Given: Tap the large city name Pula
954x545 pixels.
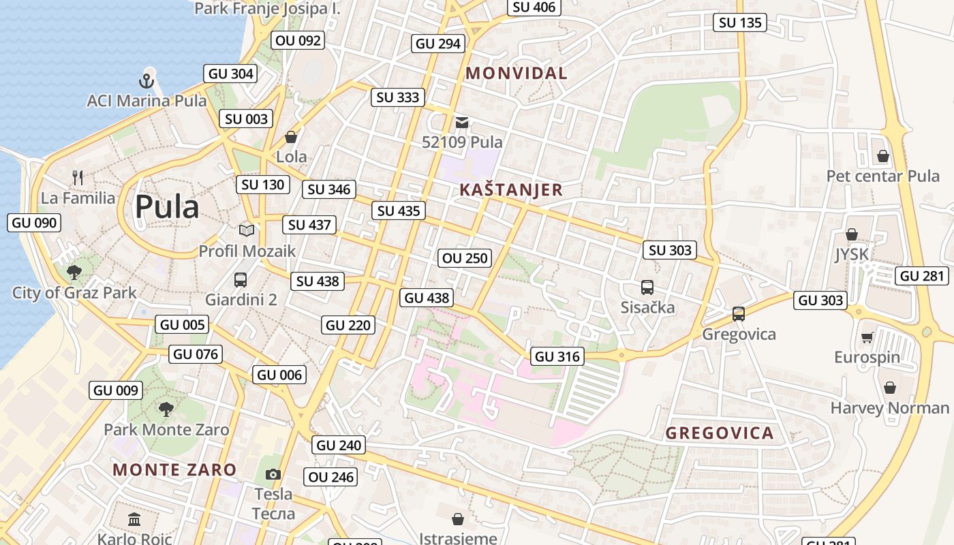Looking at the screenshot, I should (167, 207).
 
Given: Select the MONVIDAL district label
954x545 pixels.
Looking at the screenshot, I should (517, 74).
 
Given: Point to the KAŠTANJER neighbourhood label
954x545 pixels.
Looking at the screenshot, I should (511, 190).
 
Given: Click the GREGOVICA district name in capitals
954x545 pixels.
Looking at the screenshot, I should (720, 433).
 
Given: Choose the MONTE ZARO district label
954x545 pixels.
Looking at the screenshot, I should (174, 469).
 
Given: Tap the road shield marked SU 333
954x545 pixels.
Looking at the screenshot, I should (398, 97).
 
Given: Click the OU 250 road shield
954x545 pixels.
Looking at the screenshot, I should (465, 258).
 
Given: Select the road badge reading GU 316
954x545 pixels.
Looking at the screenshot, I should (557, 356).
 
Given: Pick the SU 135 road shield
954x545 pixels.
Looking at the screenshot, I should (741, 22).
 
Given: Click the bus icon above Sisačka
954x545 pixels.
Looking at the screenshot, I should (647, 287).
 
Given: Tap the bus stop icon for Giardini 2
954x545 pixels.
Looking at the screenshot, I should (241, 279).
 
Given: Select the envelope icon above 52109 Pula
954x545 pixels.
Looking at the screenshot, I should (462, 123).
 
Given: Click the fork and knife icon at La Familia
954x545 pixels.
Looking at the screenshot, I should (78, 178).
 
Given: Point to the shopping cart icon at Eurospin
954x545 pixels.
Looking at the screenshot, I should (867, 338).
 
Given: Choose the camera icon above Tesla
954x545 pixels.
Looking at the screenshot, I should (273, 474).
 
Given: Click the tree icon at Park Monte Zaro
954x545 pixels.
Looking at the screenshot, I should (166, 409).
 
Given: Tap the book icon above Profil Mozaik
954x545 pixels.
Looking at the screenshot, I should (247, 231).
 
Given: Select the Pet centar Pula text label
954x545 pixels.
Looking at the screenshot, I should (882, 176).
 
